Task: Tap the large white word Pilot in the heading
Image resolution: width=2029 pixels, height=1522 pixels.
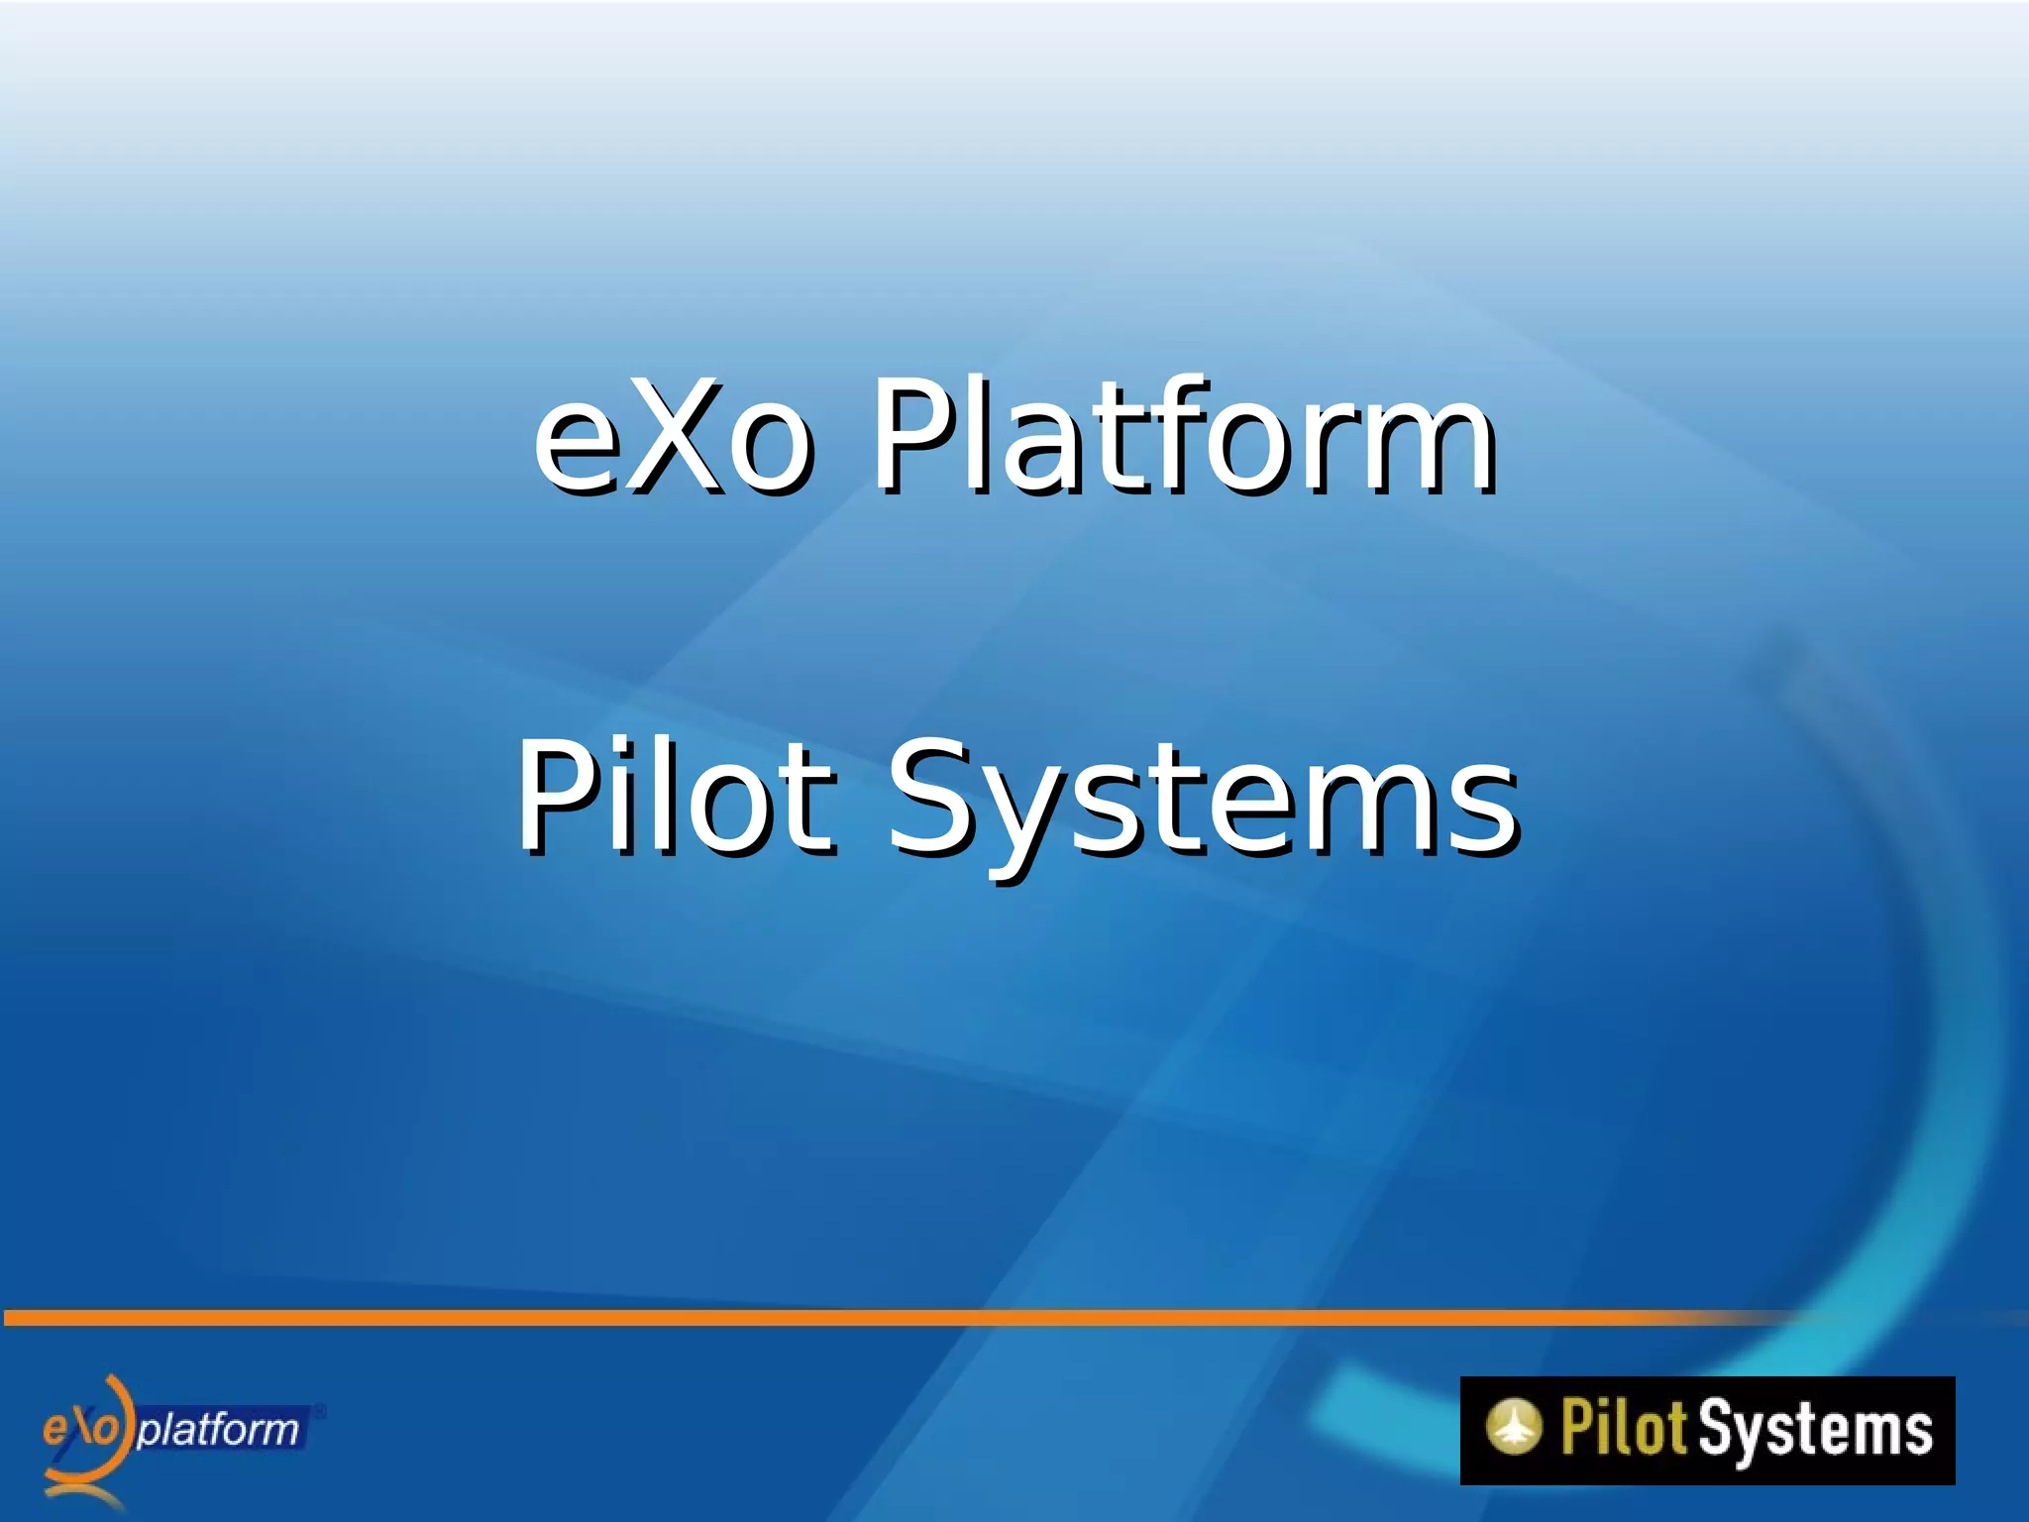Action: click(x=674, y=798)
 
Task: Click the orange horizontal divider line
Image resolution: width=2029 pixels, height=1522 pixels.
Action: click(x=892, y=1317)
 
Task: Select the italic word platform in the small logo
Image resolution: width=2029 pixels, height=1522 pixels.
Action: click(x=218, y=1430)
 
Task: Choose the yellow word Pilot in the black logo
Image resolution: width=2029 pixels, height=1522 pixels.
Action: click(x=1623, y=1428)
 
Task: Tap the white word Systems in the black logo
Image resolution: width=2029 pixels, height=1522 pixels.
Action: click(x=1815, y=1430)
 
